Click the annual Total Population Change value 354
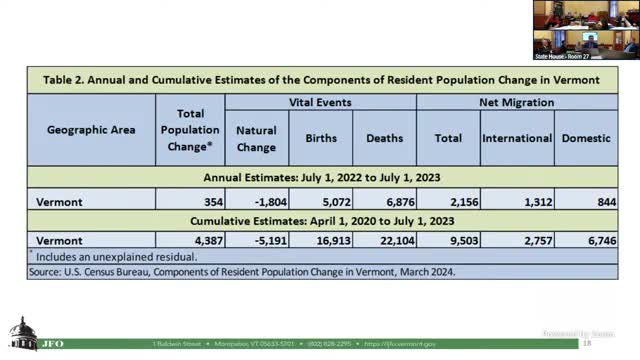[191, 201]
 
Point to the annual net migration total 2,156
[447, 201]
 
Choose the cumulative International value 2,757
[516, 241]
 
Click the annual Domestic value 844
[585, 201]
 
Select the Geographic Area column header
[90, 129]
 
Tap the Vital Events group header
[320, 103]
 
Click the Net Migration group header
[516, 103]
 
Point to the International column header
[516, 139]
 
